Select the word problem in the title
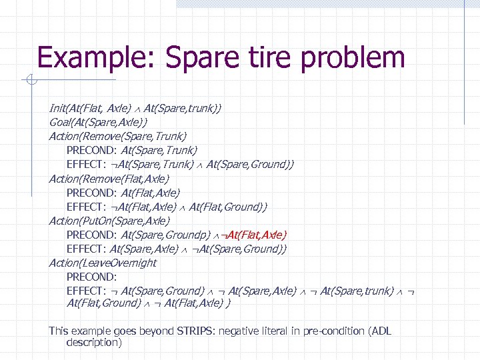click(x=353, y=57)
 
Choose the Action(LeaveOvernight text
click(x=103, y=263)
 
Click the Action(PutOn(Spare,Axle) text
click(x=109, y=221)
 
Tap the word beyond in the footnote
click(x=137, y=331)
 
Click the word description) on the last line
click(x=94, y=343)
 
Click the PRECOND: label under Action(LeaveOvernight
click(x=92, y=277)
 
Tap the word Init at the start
click(x=57, y=107)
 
